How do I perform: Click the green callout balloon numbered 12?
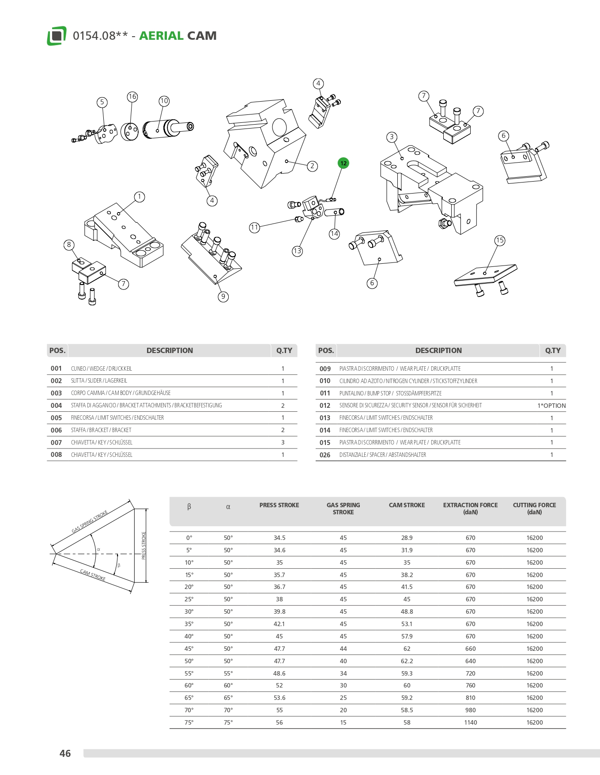pos(343,163)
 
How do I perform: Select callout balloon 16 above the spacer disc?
pos(132,97)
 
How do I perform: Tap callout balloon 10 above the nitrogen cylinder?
pos(164,101)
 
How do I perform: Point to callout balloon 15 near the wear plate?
pos(499,240)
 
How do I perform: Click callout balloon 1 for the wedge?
pos(140,197)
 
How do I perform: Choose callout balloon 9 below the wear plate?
pos(223,296)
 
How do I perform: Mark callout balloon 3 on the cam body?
pos(392,137)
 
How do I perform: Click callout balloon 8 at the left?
pos(69,245)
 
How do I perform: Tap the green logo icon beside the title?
pos(57,36)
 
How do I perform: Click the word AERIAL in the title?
pos(161,36)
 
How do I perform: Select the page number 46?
pos(65,753)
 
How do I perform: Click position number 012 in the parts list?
pos(325,406)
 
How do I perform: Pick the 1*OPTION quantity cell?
pos(551,406)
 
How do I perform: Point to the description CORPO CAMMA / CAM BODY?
pos(121,393)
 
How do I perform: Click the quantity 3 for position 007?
pos(283,442)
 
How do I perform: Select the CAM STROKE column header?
pos(407,505)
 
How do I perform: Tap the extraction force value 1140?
pos(470,722)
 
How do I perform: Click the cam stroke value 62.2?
pos(407,661)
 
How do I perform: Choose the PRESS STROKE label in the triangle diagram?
pos(143,546)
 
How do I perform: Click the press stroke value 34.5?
pos(279,538)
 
